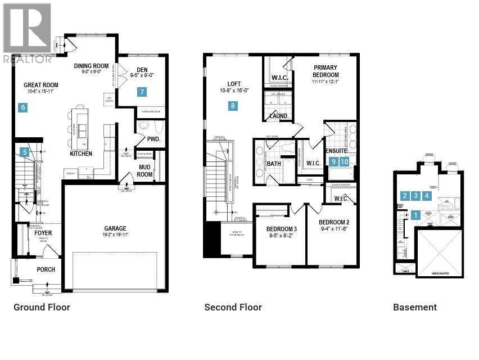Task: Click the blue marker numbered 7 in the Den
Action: pos(143,92)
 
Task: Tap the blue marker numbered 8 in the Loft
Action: pos(233,105)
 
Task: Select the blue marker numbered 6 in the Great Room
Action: pos(23,107)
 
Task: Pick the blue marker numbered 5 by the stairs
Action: pos(24,151)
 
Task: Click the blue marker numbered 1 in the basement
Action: pos(415,214)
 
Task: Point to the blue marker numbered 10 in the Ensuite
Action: pos(345,161)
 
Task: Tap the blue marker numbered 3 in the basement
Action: pos(415,196)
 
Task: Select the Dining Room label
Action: pos(92,65)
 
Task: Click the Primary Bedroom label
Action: pos(326,71)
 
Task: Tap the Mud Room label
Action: pos(145,170)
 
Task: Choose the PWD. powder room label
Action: pos(154,139)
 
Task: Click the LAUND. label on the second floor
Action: pos(279,116)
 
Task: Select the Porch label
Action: pos(46,269)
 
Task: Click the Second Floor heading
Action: pos(233,307)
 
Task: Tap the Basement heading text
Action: pos(414,307)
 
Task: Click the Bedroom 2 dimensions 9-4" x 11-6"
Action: pos(335,229)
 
